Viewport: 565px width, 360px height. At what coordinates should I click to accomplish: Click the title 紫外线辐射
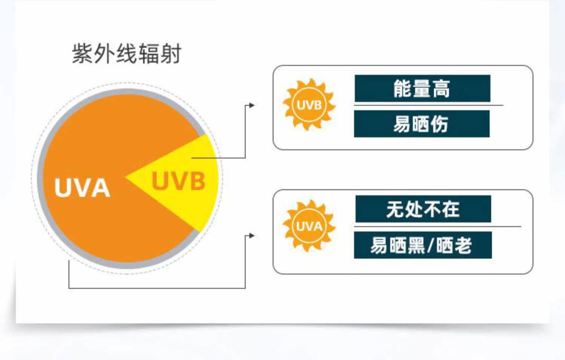click(x=127, y=53)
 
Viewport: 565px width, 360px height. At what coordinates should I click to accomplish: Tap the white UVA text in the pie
click(x=82, y=188)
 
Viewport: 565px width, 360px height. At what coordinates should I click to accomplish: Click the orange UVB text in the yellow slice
click(x=179, y=181)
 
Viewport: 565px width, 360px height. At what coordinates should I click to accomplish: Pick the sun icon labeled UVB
click(x=309, y=105)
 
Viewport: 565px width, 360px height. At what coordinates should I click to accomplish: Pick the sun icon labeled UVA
click(x=309, y=226)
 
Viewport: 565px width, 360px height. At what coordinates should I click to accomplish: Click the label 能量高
click(x=422, y=88)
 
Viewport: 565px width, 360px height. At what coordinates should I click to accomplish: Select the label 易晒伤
click(x=421, y=124)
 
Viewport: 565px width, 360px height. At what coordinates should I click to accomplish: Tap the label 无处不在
click(x=423, y=209)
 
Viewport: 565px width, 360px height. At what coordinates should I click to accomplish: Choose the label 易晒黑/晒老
click(x=422, y=245)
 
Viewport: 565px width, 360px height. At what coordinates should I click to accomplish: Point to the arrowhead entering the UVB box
click(x=252, y=105)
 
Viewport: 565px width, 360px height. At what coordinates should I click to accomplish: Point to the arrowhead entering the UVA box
click(x=252, y=236)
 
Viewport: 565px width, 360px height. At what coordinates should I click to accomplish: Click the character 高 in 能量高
click(x=441, y=89)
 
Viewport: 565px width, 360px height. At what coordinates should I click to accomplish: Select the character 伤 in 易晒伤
click(x=439, y=124)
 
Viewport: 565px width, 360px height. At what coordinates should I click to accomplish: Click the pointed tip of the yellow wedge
click(x=127, y=176)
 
